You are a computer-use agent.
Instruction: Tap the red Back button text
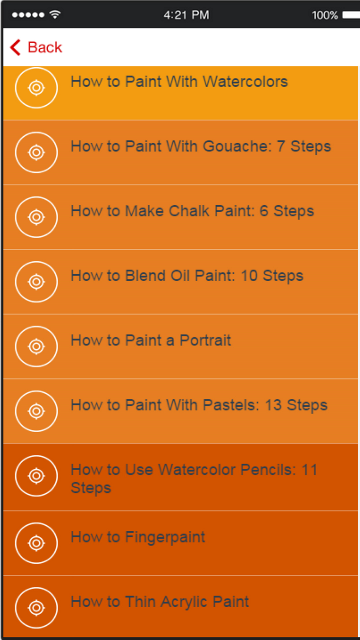[45, 47]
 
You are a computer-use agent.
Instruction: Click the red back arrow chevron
[15, 48]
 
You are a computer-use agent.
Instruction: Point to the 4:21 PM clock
[186, 15]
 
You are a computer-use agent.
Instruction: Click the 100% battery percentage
[325, 15]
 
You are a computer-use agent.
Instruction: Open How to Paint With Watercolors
[179, 82]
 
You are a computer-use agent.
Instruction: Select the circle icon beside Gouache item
[36, 152]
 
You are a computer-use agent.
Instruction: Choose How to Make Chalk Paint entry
[192, 211]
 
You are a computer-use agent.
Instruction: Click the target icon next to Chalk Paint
[36, 217]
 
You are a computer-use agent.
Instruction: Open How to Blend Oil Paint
[187, 276]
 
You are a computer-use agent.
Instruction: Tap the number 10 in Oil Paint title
[249, 276]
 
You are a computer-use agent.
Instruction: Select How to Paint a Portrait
[151, 341]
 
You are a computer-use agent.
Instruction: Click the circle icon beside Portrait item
[36, 346]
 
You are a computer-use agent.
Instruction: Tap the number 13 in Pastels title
[273, 405]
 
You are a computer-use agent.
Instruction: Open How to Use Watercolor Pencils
[194, 478]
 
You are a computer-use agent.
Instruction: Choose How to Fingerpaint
[138, 537]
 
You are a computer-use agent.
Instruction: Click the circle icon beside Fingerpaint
[36, 543]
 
